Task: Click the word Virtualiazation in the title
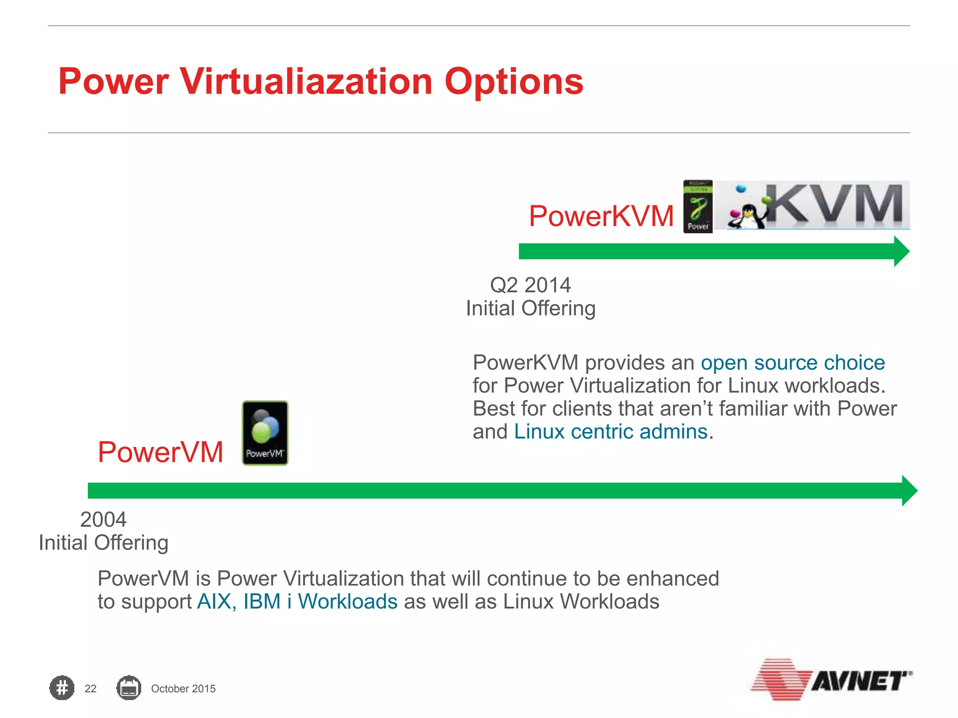click(x=306, y=82)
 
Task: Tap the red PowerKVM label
click(x=601, y=216)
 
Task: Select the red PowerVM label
click(x=160, y=452)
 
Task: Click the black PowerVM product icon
click(x=265, y=433)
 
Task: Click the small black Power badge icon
click(x=697, y=206)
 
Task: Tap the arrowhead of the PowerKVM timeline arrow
click(x=901, y=251)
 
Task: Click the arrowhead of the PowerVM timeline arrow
click(x=909, y=491)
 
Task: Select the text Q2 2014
click(x=530, y=285)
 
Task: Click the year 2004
click(x=103, y=520)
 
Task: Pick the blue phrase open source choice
click(x=792, y=363)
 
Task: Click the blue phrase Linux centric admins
click(x=610, y=431)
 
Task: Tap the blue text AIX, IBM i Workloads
click(x=297, y=602)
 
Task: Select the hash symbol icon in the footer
click(x=62, y=688)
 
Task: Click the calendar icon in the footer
click(x=129, y=688)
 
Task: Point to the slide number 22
click(x=90, y=689)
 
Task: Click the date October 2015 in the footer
click(x=183, y=689)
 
